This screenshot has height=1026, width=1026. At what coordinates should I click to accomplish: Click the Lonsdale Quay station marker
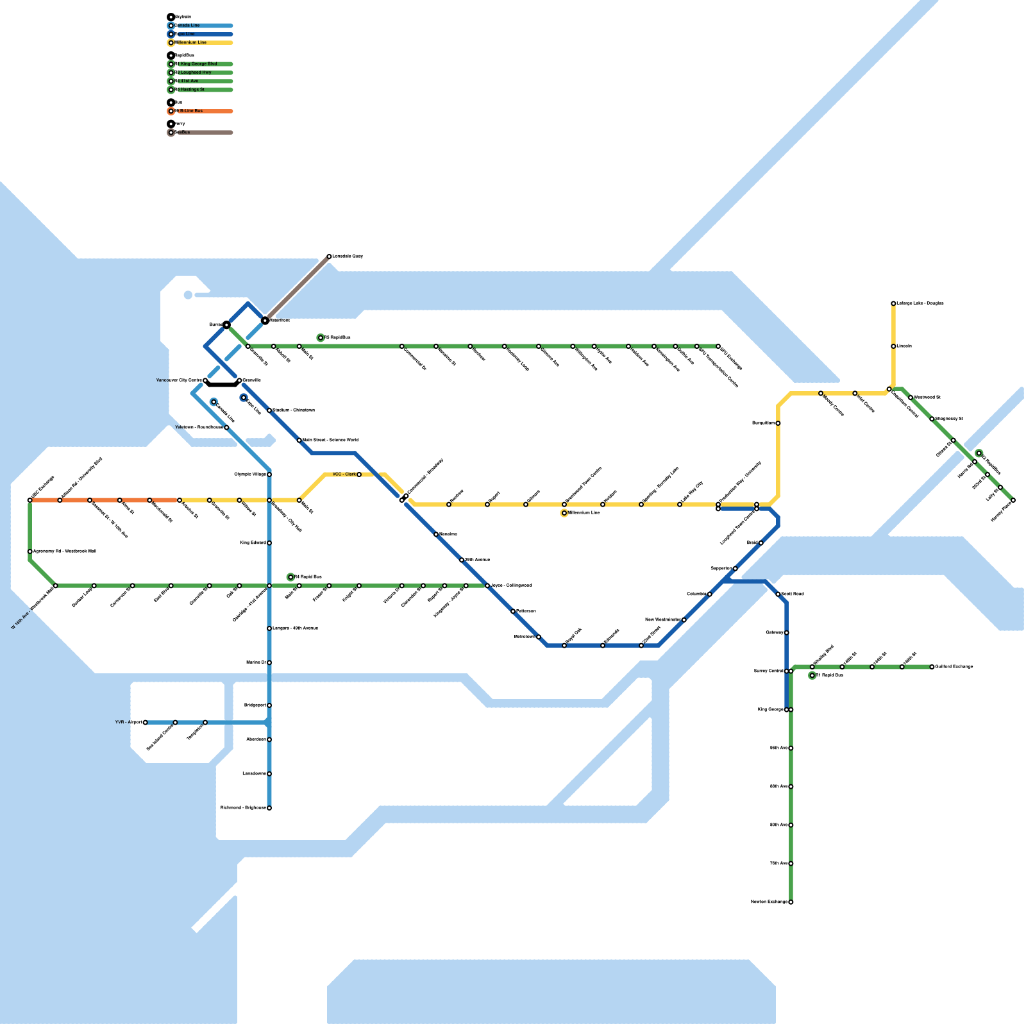click(329, 256)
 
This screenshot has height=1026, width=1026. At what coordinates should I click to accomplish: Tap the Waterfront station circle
click(265, 320)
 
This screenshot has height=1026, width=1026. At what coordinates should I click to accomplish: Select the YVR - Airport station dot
click(146, 723)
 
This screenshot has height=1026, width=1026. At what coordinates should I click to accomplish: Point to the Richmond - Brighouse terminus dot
click(269, 808)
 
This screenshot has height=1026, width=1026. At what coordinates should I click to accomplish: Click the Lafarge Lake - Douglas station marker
click(893, 303)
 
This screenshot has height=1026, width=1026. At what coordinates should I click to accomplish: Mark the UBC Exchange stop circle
click(30, 500)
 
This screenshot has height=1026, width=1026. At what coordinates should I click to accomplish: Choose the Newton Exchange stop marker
click(791, 902)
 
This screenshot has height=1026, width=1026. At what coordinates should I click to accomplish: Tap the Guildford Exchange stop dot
click(932, 667)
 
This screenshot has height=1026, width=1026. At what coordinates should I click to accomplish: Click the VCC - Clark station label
click(344, 475)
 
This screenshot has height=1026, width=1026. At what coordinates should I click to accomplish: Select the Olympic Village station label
click(250, 475)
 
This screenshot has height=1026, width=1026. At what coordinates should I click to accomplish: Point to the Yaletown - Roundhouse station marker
click(226, 428)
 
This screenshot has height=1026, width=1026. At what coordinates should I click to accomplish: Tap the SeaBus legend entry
click(182, 133)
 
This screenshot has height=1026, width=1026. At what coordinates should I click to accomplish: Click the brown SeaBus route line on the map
click(297, 289)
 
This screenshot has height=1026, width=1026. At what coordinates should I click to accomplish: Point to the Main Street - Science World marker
click(299, 441)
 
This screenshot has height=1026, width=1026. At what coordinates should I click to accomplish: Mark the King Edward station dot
click(269, 543)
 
